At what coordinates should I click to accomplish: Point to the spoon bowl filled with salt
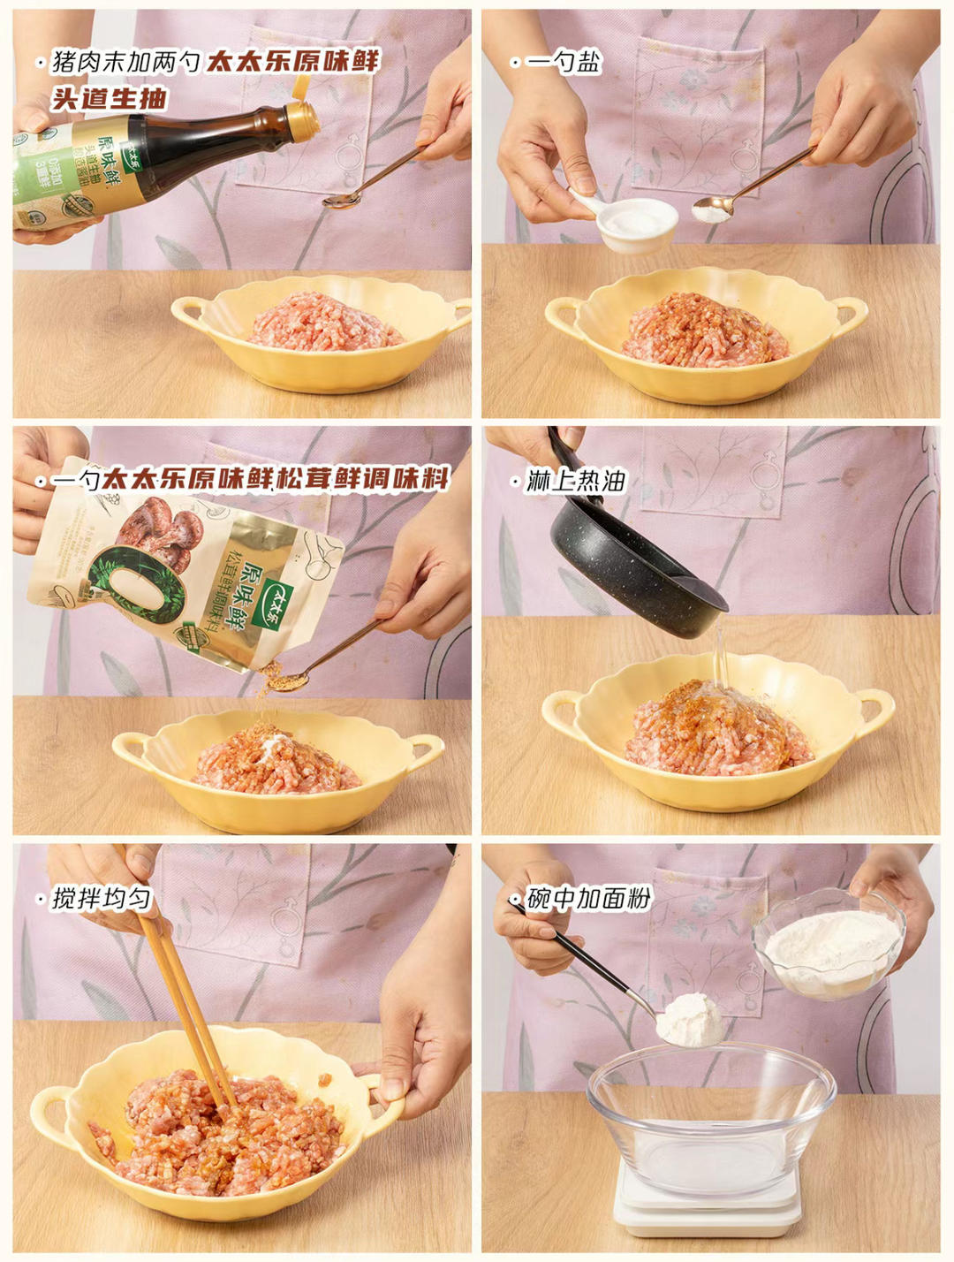pos(712,209)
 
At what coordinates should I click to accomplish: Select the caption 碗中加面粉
pos(588,899)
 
